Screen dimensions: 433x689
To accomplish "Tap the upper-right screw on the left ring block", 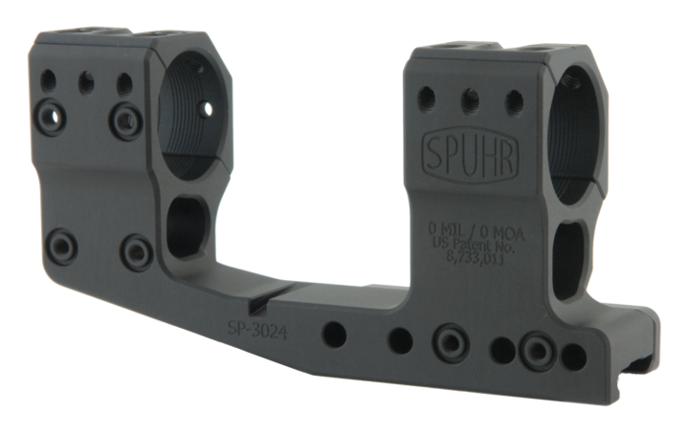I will tap(123, 117).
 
